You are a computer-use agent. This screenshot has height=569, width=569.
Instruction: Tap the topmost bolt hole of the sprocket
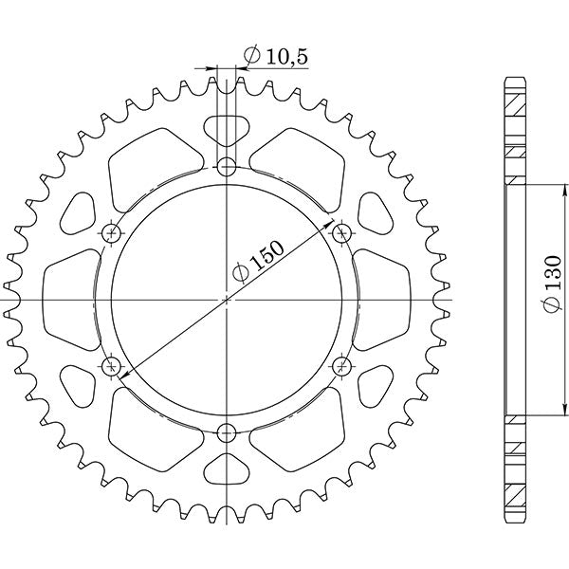(x=227, y=169)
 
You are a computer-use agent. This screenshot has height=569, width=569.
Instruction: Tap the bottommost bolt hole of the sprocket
(x=227, y=433)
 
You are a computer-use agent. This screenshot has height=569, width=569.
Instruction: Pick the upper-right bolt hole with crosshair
(x=341, y=231)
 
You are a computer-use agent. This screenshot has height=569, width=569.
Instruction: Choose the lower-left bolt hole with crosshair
(x=112, y=365)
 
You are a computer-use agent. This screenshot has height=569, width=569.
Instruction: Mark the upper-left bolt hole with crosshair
(x=112, y=232)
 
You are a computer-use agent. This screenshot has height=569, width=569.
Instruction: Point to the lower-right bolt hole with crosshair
(x=341, y=365)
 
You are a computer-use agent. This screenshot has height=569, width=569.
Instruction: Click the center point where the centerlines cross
(x=227, y=300)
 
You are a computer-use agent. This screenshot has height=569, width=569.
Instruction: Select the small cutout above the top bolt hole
(x=227, y=128)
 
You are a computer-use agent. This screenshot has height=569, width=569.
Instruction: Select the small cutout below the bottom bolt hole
(x=227, y=470)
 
